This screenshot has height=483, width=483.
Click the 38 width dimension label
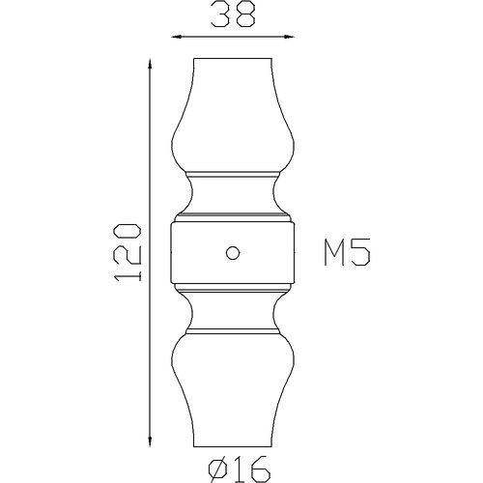click(233, 14)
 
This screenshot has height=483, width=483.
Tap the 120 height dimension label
click(128, 252)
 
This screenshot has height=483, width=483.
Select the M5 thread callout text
click(347, 252)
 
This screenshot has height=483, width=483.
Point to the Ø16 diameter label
click(239, 469)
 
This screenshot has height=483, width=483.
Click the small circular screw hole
click(233, 252)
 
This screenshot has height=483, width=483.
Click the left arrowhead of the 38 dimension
click(177, 37)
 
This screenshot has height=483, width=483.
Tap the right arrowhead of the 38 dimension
click(289, 37)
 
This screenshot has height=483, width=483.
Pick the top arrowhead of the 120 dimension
click(150, 65)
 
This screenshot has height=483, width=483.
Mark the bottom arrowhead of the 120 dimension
click(150, 440)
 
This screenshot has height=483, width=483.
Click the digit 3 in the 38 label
click(220, 14)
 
